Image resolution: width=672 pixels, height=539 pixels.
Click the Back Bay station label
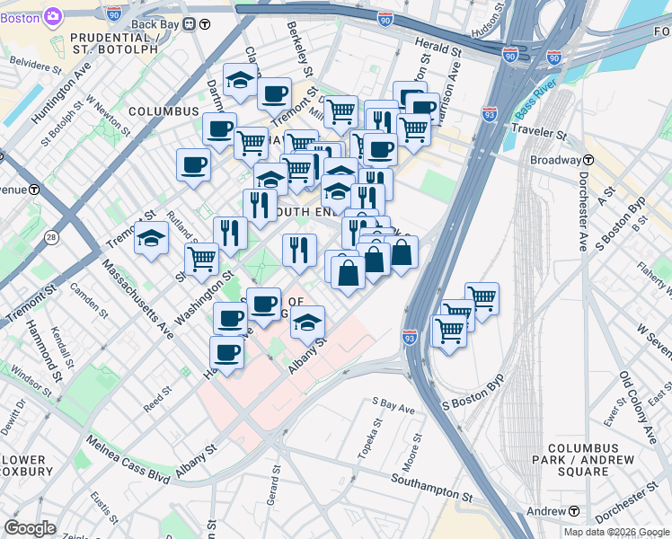[x=158, y=23]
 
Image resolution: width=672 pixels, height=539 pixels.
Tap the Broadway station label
[x=556, y=160]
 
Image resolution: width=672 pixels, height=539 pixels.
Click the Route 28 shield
[x=52, y=236]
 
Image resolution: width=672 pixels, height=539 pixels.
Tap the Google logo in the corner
[x=29, y=528]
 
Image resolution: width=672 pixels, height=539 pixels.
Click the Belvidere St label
[x=37, y=66]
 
